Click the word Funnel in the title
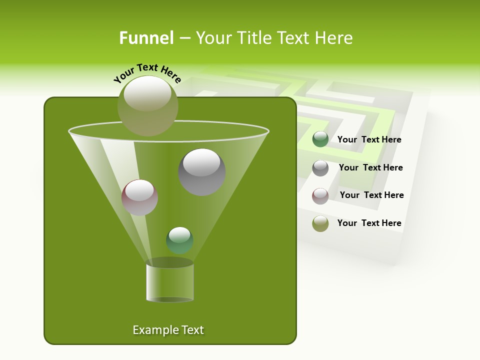point(146,38)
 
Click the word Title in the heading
point(253,38)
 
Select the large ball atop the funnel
point(148,105)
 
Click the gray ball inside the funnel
point(202,172)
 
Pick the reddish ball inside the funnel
point(140,197)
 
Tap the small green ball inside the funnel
point(179,240)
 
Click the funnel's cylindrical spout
point(170,282)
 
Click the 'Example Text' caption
point(168,330)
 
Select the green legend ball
point(320,139)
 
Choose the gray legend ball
point(320,168)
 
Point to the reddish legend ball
point(320,196)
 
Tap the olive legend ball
point(320,223)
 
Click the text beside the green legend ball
point(369,140)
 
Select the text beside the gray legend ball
point(370,168)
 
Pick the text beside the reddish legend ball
point(371,195)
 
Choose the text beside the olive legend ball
point(369,223)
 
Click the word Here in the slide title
point(334,38)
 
